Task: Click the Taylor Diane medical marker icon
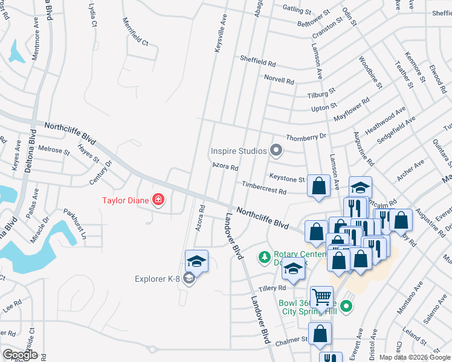158,199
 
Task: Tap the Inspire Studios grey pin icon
276,150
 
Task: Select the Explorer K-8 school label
158,278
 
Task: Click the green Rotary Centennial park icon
264,258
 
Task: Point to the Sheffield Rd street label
257,62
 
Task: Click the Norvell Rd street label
279,79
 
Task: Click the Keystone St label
286,179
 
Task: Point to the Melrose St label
54,149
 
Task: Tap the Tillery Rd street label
271,288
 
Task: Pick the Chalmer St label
292,340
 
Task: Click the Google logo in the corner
20,354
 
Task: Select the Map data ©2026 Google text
414,357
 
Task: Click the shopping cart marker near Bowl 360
321,296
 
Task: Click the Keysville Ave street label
220,33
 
